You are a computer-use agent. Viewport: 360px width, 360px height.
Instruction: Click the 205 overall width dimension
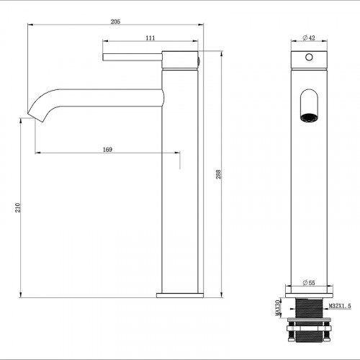pos(115,21)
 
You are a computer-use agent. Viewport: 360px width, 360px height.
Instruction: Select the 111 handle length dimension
pos(150,37)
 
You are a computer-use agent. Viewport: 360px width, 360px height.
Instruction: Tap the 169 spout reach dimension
pos(107,149)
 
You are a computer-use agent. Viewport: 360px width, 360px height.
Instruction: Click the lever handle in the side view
pos(133,55)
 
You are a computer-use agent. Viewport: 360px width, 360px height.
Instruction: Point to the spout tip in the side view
pos(32,112)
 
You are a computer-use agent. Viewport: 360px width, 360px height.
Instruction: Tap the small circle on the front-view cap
pos(309,57)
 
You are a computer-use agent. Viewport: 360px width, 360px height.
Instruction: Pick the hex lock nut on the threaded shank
pos(309,336)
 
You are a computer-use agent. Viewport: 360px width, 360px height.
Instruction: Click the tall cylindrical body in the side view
pos(180,187)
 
